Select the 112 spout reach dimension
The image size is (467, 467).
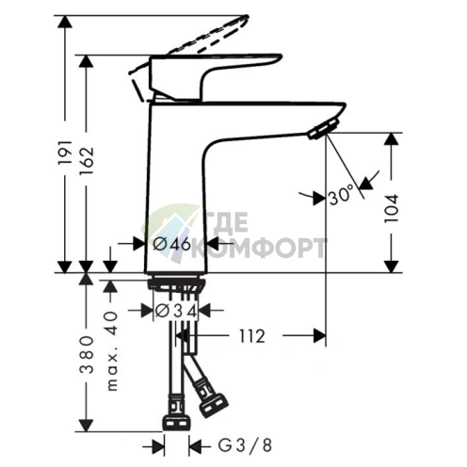250,335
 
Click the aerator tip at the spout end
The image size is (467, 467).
320,129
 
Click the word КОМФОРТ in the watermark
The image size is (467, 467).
268,249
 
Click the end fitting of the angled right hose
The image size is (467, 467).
214,405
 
